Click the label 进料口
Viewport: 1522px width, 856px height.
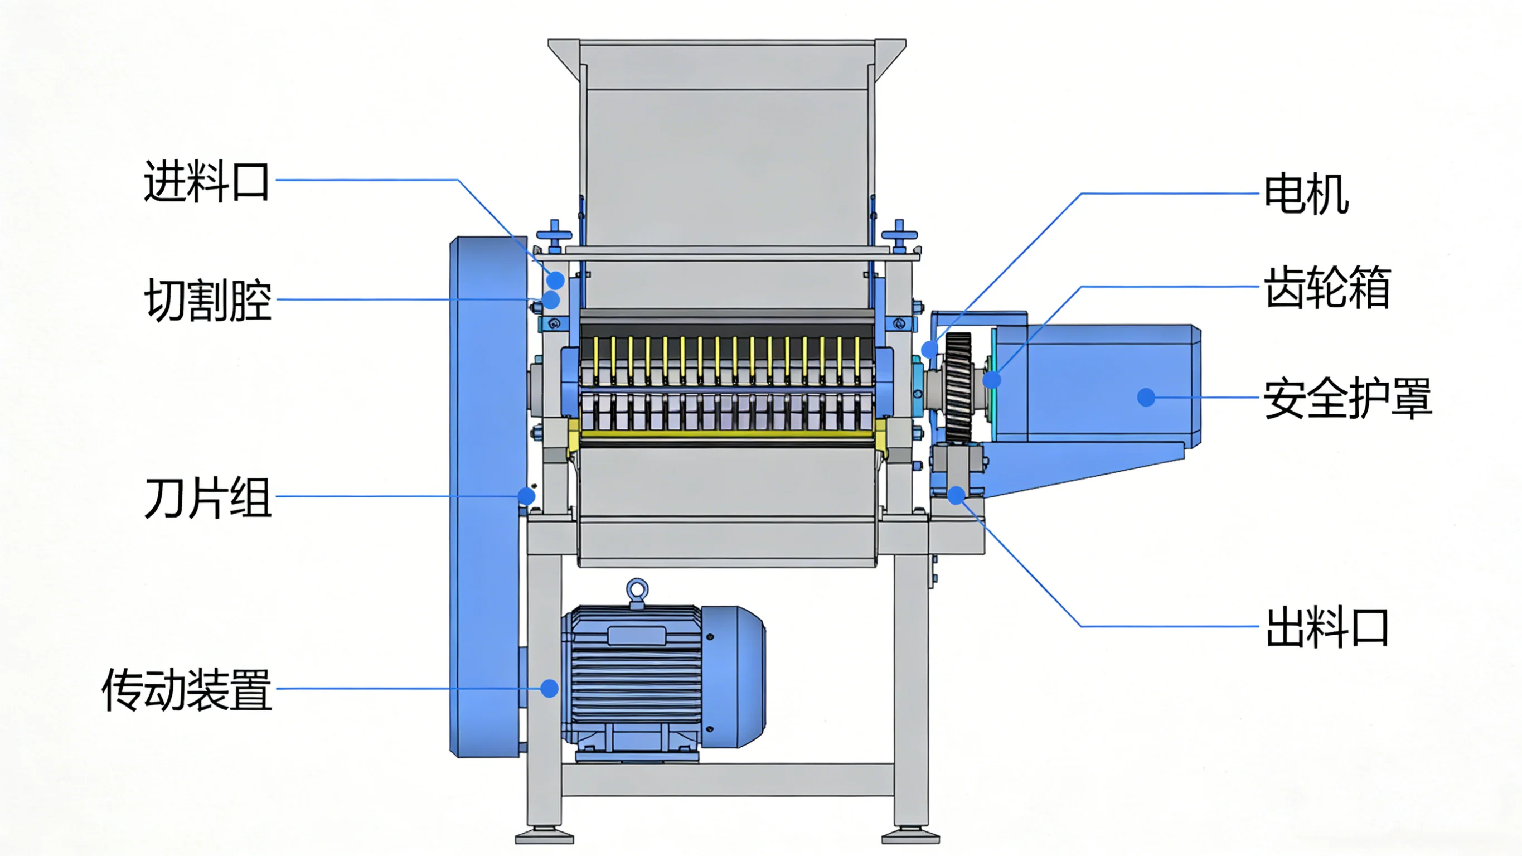(x=206, y=181)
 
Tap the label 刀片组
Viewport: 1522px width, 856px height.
(x=207, y=498)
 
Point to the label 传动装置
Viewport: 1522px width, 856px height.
(x=187, y=689)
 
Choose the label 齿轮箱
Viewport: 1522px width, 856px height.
(x=1327, y=287)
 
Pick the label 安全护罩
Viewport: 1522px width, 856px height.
(x=1347, y=398)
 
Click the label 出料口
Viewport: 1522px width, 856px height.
(x=1327, y=627)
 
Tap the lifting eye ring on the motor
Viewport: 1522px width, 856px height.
(x=637, y=590)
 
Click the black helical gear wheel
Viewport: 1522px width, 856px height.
(x=958, y=387)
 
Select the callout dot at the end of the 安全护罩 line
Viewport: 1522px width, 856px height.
(x=1146, y=397)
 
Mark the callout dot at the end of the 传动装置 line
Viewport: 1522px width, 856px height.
(x=550, y=688)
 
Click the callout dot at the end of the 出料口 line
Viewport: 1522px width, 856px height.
(x=957, y=495)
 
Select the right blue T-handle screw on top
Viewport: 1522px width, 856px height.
(x=899, y=235)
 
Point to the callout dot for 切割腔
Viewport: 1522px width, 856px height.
(x=551, y=299)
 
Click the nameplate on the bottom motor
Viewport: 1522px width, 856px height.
(x=637, y=636)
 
